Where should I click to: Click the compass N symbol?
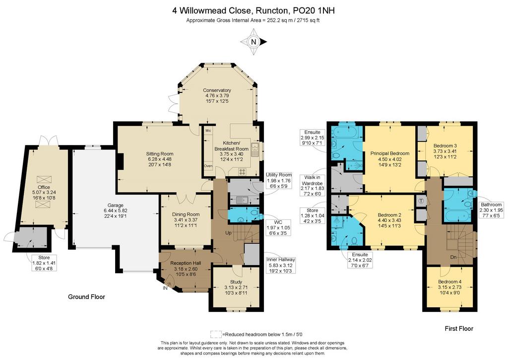(254, 42)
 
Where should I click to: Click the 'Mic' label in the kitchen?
(208, 131)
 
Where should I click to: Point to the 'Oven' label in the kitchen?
(208, 166)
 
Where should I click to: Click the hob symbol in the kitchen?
(242, 171)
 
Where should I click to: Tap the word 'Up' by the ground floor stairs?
(228, 233)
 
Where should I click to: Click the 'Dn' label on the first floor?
(453, 257)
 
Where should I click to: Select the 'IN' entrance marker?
(165, 288)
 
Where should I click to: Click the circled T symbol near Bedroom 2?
(421, 201)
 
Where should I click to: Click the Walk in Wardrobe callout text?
(313, 186)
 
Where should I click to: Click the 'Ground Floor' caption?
(86, 297)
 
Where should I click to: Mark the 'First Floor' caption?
(459, 329)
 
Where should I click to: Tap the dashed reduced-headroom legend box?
(216, 334)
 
